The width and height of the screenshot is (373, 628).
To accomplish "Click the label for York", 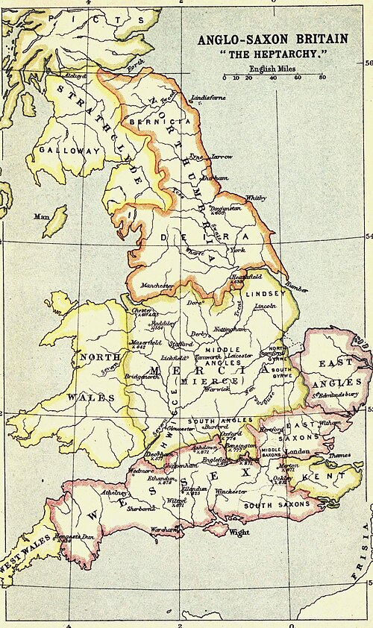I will [x=239, y=251].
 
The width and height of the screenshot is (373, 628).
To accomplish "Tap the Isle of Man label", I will [x=41, y=217].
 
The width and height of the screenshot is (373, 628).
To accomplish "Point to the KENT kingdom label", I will [x=331, y=474].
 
